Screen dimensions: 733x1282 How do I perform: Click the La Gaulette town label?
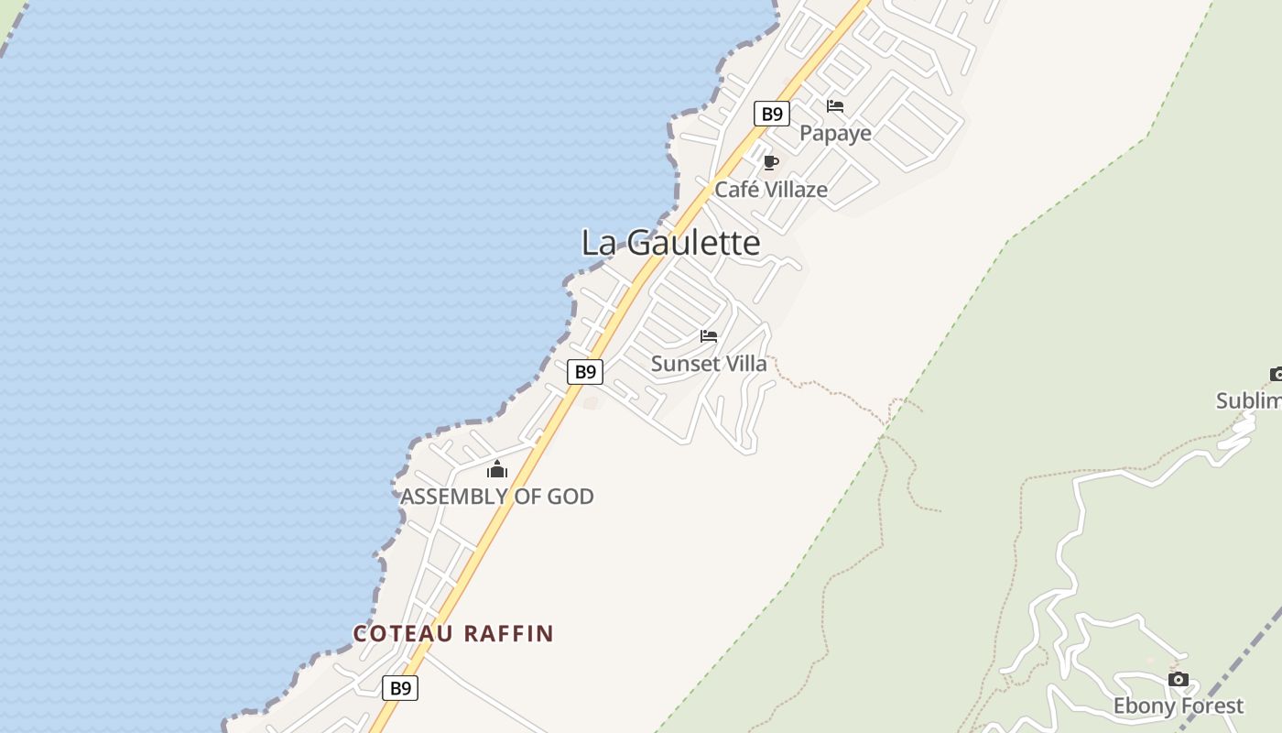(670, 243)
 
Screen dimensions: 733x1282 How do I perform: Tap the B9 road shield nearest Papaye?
(772, 114)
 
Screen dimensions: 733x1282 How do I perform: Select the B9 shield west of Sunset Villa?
(584, 372)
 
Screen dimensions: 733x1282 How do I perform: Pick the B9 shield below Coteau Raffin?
(400, 688)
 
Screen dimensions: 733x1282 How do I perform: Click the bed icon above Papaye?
(834, 106)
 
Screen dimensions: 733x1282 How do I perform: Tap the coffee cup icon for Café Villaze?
(771, 163)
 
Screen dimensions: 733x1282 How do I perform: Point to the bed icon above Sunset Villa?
(709, 336)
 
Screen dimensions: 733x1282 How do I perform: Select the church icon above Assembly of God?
(497, 470)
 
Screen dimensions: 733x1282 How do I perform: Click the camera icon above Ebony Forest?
(1179, 680)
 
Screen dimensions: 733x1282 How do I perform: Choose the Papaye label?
(835, 134)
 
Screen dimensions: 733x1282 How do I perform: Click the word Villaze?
(796, 190)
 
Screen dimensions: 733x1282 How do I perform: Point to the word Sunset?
(679, 364)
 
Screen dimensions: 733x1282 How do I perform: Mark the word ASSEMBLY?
(455, 497)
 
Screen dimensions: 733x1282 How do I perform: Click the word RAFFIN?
(509, 633)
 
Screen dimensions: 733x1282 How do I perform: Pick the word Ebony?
(1141, 706)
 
